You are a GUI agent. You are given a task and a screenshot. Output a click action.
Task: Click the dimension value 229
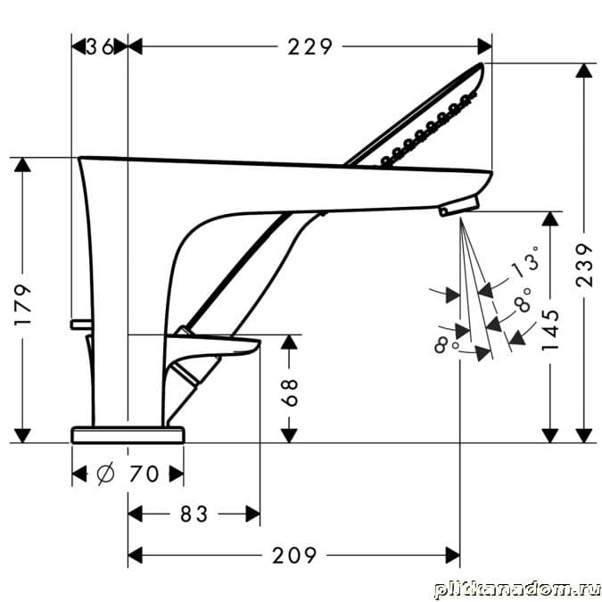tap(309, 47)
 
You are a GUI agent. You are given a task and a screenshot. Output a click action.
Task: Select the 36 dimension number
tap(99, 47)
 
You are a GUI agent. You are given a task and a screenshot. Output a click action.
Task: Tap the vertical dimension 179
tap(23, 305)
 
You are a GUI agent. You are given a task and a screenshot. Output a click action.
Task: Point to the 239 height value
tap(584, 265)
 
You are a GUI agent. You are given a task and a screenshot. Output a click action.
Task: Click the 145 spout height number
tap(550, 330)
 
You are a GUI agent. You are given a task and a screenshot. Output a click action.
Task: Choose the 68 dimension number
tap(290, 392)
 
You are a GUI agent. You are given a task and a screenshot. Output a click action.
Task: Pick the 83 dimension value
tap(194, 514)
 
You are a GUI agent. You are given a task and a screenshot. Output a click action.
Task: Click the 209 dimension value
tap(294, 555)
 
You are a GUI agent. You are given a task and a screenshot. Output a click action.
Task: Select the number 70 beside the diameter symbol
tap(144, 474)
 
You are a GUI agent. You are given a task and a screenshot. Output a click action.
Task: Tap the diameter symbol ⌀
tap(105, 474)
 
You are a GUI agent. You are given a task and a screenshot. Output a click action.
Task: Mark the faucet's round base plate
tap(128, 434)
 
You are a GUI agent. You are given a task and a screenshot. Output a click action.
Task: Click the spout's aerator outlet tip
tap(458, 206)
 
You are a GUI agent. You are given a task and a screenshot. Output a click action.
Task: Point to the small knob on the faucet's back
tap(81, 325)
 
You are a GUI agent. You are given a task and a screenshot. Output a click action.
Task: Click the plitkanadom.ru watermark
tap(517, 590)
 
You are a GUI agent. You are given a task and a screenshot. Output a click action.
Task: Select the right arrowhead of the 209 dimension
tap(453, 555)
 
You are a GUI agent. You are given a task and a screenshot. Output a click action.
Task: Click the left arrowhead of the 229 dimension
tap(136, 47)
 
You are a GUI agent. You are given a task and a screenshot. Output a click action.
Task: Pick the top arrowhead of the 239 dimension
tap(584, 70)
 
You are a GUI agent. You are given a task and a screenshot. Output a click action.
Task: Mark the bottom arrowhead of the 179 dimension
tap(23, 435)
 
